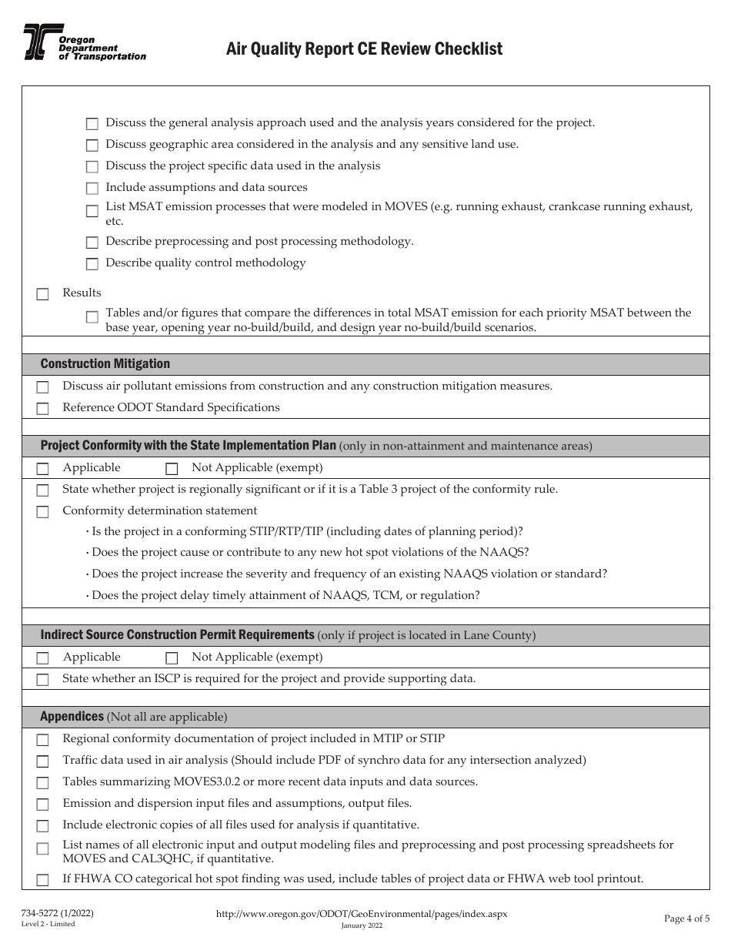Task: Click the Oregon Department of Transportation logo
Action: point(83,42)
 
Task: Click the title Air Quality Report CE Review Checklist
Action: point(364,49)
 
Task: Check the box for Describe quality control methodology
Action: point(92,264)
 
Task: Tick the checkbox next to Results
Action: point(43,294)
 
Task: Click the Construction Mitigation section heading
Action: point(105,364)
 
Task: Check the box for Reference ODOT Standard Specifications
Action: point(43,409)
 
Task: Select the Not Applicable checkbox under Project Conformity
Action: point(172,469)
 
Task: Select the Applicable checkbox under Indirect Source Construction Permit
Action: point(43,658)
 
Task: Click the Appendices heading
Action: point(72,717)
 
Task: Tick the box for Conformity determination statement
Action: point(43,512)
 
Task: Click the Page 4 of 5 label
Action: point(686,918)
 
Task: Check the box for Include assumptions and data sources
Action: point(92,189)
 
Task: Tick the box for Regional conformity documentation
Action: point(43,740)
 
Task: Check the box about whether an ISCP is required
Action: point(43,680)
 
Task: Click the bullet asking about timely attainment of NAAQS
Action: point(285,595)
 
